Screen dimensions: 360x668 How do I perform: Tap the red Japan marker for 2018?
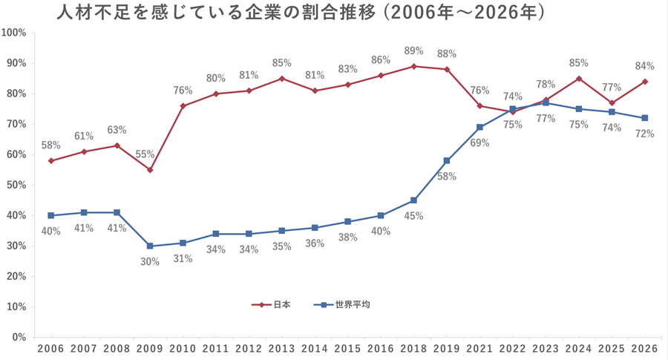(x=413, y=66)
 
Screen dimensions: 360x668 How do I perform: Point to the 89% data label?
(x=413, y=51)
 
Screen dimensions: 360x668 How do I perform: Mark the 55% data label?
(x=145, y=155)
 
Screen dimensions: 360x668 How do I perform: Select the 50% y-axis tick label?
(x=16, y=185)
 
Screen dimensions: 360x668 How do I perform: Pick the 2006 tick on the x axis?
(x=50, y=348)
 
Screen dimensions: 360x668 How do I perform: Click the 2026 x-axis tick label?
(x=644, y=348)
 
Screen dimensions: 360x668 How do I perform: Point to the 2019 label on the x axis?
(x=446, y=348)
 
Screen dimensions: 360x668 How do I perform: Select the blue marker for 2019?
(x=446, y=160)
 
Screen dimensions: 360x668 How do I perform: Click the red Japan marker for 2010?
(x=183, y=105)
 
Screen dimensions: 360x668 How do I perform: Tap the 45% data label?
(x=413, y=217)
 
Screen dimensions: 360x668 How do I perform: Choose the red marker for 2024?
(x=578, y=78)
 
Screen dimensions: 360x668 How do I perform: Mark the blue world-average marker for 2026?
(x=644, y=118)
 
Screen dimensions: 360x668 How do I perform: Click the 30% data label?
(x=149, y=261)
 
